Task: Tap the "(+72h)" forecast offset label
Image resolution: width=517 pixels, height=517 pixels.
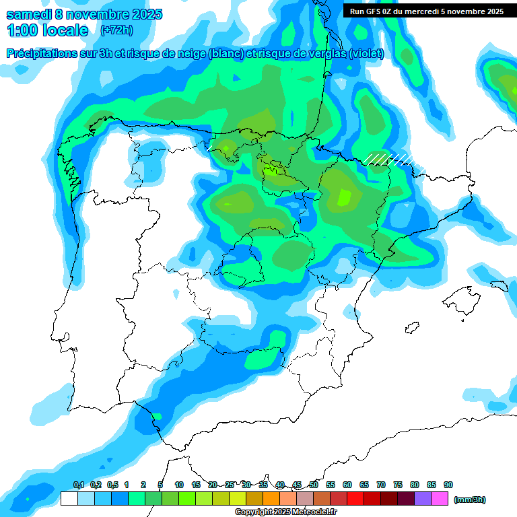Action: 116,30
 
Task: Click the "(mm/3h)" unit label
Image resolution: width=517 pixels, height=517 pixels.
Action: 470,499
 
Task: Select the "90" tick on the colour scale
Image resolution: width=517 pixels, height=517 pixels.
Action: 448,485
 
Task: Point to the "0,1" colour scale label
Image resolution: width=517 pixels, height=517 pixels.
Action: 78,485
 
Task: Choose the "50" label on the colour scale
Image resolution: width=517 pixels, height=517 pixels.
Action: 314,485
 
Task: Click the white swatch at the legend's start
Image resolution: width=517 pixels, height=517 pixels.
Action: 69,499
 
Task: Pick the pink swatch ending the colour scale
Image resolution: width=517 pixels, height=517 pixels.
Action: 440,499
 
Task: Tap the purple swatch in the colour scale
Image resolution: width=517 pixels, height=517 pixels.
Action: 423,499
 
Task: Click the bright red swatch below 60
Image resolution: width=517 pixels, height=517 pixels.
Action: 355,499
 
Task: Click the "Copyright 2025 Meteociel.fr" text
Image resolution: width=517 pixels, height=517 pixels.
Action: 286,512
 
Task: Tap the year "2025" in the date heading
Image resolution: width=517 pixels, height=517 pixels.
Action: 142,14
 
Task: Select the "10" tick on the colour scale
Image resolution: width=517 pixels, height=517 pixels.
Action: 179,485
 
